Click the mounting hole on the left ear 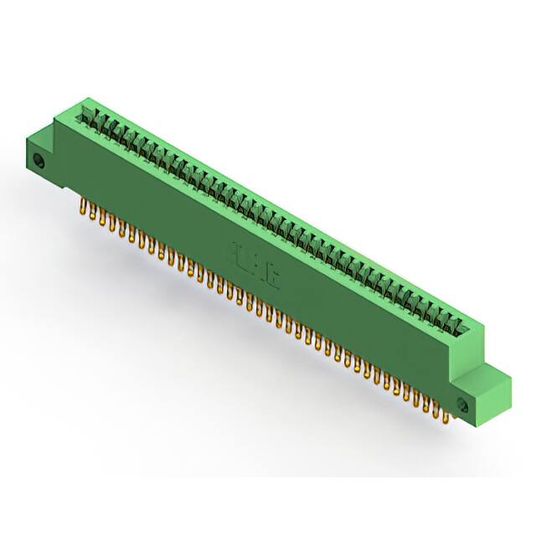[38, 160]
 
